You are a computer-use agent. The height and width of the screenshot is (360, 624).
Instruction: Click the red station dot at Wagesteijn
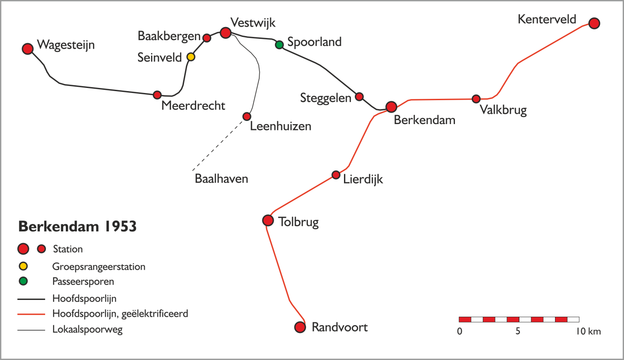(x=28, y=49)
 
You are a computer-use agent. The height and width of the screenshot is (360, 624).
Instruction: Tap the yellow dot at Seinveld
(x=191, y=57)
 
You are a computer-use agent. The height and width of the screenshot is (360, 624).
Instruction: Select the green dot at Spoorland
(x=279, y=45)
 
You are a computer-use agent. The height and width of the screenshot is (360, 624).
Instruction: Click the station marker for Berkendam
(x=391, y=107)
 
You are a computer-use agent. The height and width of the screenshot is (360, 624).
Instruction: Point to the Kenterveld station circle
(x=594, y=23)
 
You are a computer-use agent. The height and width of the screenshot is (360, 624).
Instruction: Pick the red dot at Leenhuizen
(x=247, y=116)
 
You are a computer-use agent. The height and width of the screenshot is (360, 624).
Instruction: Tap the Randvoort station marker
(x=300, y=327)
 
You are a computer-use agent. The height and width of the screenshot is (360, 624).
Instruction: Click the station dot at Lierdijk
(x=336, y=175)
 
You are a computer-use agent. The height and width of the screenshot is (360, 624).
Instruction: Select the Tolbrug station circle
(x=268, y=221)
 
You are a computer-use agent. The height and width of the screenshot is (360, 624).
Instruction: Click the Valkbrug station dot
(x=476, y=99)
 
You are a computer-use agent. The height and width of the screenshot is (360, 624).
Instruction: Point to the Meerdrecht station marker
(x=157, y=95)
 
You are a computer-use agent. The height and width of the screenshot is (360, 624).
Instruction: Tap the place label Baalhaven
(x=221, y=179)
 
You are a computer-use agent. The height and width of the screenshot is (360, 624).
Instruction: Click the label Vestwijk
(x=253, y=23)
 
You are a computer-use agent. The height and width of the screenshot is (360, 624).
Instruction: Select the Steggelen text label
(x=326, y=98)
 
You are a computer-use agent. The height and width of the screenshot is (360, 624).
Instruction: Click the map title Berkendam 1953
(x=78, y=226)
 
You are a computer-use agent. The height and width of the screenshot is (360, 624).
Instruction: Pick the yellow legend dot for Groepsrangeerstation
(x=23, y=266)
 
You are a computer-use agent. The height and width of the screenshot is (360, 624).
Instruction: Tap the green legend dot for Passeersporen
(x=23, y=281)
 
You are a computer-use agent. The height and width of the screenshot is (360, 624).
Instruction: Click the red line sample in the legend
(x=31, y=314)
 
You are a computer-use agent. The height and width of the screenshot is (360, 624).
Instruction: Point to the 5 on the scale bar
(x=518, y=331)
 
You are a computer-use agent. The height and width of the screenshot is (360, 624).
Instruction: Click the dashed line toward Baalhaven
(x=218, y=145)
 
